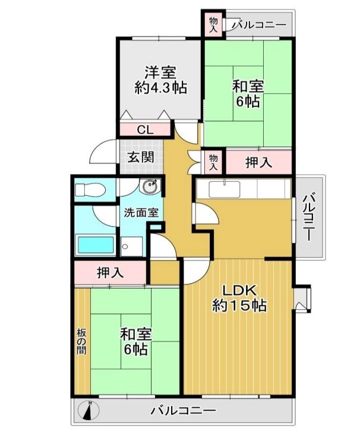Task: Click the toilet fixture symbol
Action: coord(90,190)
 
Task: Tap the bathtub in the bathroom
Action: coord(96,245)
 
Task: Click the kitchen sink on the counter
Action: coord(224,189)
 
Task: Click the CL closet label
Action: coord(146,129)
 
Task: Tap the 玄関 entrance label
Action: coord(141,158)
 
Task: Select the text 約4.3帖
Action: coord(160,88)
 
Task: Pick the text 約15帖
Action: coord(239,306)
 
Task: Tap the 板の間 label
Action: coord(81,341)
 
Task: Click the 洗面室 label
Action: coord(141,212)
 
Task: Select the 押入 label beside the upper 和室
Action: coord(258,162)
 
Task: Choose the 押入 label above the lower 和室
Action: coord(110,272)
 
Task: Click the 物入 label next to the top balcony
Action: coord(213,25)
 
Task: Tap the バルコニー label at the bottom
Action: coord(183,410)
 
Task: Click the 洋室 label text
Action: coord(160,72)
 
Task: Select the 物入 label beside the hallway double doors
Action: coord(213,162)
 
